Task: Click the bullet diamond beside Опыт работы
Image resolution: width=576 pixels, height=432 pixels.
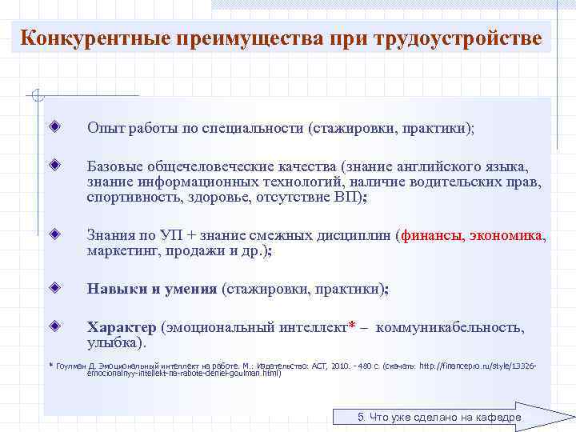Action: (54, 127)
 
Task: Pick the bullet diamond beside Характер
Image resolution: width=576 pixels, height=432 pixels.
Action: (54, 327)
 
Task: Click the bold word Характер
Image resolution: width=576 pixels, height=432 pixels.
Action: (122, 328)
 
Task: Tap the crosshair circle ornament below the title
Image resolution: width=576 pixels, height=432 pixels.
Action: (34, 97)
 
